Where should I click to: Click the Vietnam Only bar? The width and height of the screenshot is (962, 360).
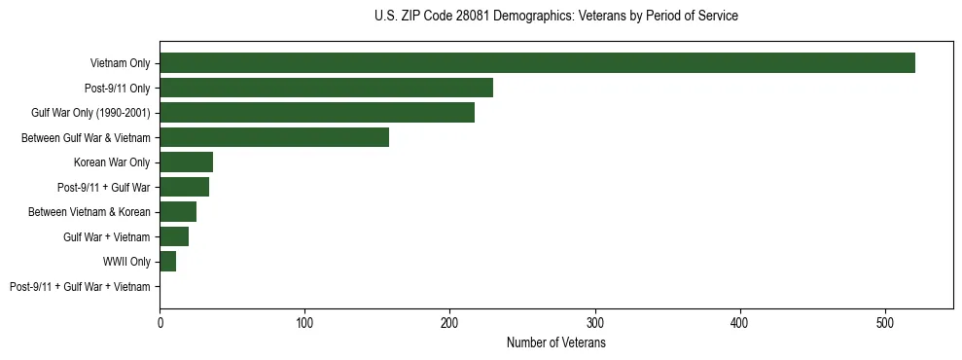click(x=537, y=63)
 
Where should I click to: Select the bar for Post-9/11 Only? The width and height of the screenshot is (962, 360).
click(x=326, y=88)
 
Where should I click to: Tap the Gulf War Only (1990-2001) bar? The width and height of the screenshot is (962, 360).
click(x=317, y=113)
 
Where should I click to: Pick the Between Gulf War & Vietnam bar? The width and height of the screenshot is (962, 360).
click(x=274, y=137)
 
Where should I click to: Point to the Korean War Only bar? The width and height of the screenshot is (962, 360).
click(x=186, y=162)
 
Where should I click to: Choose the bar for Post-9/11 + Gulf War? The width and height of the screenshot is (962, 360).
click(x=184, y=187)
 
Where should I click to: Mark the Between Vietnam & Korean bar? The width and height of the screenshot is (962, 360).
click(x=178, y=212)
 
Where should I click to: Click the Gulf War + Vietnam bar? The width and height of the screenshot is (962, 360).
click(x=174, y=236)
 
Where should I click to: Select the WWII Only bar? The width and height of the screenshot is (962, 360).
click(x=167, y=262)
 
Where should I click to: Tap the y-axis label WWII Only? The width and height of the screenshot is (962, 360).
click(x=126, y=262)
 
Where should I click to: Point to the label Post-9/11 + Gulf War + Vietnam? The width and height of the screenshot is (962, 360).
click(x=80, y=287)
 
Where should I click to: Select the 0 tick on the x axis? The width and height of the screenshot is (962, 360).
click(x=160, y=320)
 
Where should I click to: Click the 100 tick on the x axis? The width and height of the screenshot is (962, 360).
click(x=304, y=320)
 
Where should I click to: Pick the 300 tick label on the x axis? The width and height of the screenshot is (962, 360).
click(x=595, y=320)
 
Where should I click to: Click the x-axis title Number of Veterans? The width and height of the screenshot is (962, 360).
click(x=555, y=343)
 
